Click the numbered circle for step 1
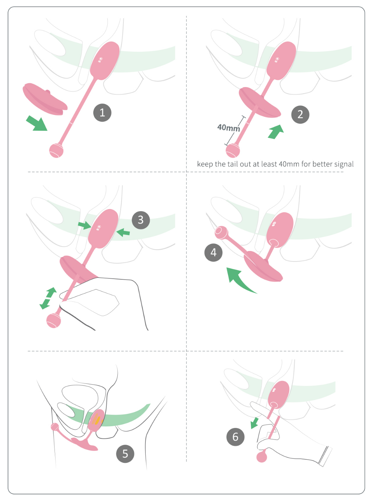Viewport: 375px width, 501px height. (x=102, y=113)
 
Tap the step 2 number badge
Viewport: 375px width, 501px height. (x=300, y=114)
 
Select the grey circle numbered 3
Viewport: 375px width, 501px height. (x=141, y=220)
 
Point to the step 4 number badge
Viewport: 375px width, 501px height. (x=213, y=252)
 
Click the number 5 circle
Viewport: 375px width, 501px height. (x=125, y=453)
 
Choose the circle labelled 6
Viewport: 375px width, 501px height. (x=235, y=437)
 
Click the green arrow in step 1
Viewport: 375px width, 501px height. (x=37, y=123)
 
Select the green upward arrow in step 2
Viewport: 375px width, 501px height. (x=276, y=132)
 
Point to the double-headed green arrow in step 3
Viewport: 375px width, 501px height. (x=48, y=298)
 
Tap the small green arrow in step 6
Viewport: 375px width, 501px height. (x=254, y=423)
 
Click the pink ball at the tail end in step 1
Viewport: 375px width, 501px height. (x=56, y=151)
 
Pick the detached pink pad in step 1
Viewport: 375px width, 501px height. (x=45, y=99)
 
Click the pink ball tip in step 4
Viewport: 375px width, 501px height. (x=221, y=232)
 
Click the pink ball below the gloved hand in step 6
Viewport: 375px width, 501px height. (x=262, y=457)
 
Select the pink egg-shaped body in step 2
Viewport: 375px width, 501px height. (x=281, y=61)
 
